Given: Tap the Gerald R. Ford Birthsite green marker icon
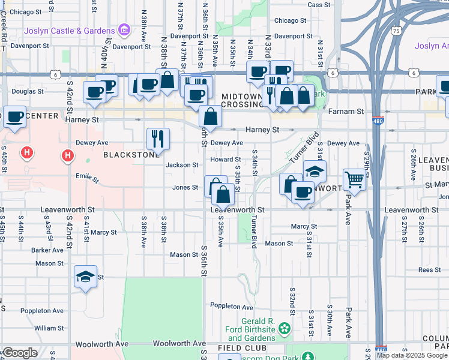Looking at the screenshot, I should click(x=284, y=328).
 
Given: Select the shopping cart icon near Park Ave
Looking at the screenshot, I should click(x=354, y=178).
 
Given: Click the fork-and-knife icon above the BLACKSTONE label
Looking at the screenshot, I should click(x=158, y=138).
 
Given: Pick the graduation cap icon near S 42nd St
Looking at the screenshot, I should click(x=86, y=277).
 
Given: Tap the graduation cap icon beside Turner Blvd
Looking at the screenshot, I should click(x=314, y=171).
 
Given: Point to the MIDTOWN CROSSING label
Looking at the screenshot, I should click(x=243, y=100).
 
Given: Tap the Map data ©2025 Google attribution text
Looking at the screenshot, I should click(x=412, y=355).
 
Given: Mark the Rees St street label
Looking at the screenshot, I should click(x=429, y=270).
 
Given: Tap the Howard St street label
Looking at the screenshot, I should click(x=225, y=160).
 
